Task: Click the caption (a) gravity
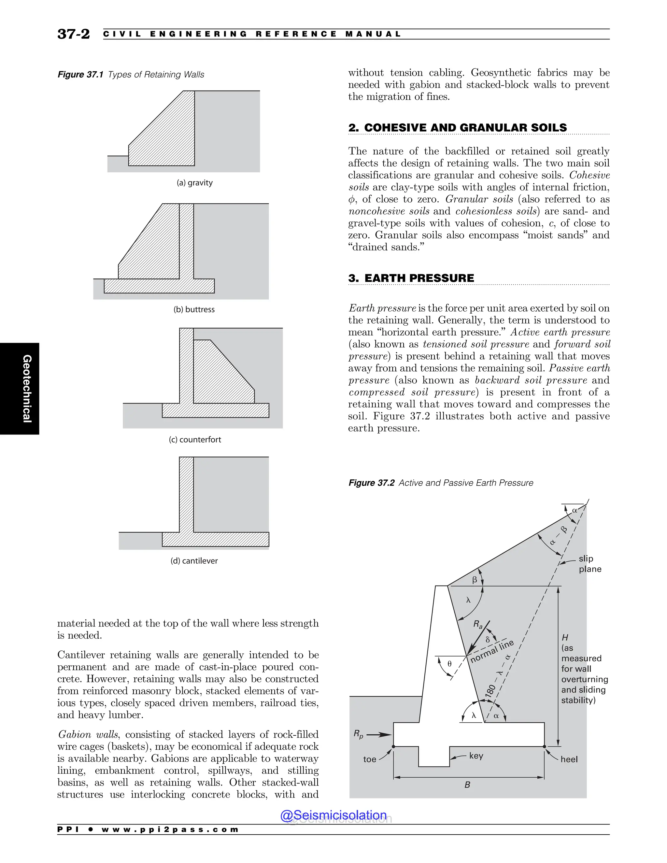click(x=194, y=183)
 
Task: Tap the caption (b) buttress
click(x=194, y=309)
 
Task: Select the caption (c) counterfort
click(x=195, y=439)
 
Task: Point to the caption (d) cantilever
click(x=194, y=561)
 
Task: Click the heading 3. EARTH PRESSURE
click(x=411, y=278)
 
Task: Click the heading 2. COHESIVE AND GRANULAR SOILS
click(x=457, y=128)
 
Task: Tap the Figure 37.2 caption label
click(x=371, y=483)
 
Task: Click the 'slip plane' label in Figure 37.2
click(x=589, y=563)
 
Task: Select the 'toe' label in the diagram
click(x=369, y=759)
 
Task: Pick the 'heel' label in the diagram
click(x=569, y=759)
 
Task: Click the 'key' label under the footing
click(x=476, y=756)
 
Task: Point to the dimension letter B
click(x=467, y=785)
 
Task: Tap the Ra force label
click(x=478, y=624)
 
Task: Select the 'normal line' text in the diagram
click(x=492, y=651)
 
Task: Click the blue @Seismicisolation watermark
click(x=333, y=815)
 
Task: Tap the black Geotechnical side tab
click(x=20, y=389)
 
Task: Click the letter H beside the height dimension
click(x=565, y=637)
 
